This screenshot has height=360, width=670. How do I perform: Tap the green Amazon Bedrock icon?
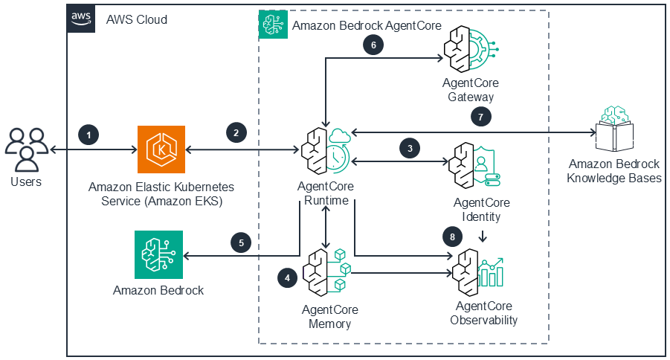(158, 254)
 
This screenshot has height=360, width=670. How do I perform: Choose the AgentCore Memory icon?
(326, 273)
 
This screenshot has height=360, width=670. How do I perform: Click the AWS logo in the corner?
(81, 18)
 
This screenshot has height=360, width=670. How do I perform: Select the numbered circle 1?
(88, 135)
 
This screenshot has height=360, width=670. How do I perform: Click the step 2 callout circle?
(236, 134)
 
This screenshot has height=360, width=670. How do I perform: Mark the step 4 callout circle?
(287, 277)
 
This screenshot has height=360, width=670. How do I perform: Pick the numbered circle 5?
(240, 242)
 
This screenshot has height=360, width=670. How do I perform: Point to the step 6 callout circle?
(373, 45)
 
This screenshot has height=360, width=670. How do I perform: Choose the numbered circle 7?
(481, 117)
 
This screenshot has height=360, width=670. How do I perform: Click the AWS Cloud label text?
(137, 19)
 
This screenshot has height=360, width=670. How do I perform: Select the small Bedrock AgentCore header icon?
(273, 25)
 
